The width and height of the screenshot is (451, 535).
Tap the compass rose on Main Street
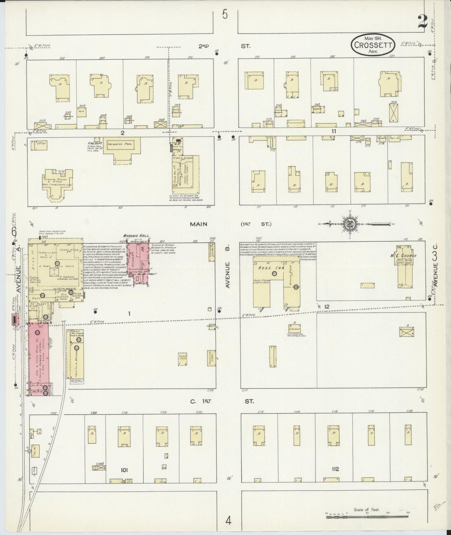tap(348, 223)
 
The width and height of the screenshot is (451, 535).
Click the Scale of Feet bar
tap(366, 517)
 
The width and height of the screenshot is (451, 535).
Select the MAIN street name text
tap(200, 224)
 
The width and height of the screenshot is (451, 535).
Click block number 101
tap(124, 469)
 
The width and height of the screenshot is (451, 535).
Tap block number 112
tap(335, 469)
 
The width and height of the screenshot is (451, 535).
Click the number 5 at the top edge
tap(225, 14)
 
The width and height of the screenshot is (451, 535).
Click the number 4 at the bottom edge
tap(229, 521)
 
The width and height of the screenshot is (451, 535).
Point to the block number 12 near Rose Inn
tap(326, 307)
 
